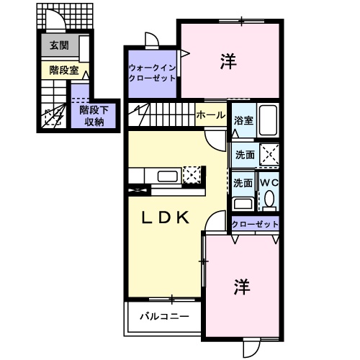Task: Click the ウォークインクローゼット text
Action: [x=152, y=73]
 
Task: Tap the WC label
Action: [x=269, y=183]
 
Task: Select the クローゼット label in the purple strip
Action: [x=255, y=225]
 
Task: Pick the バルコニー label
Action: [x=164, y=317]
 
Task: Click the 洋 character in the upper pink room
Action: [x=228, y=62]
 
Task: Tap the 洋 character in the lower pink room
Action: [x=240, y=287]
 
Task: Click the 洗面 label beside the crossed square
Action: [x=243, y=154]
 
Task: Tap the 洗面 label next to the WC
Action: [x=243, y=183]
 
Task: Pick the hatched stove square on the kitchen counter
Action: [x=192, y=175]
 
